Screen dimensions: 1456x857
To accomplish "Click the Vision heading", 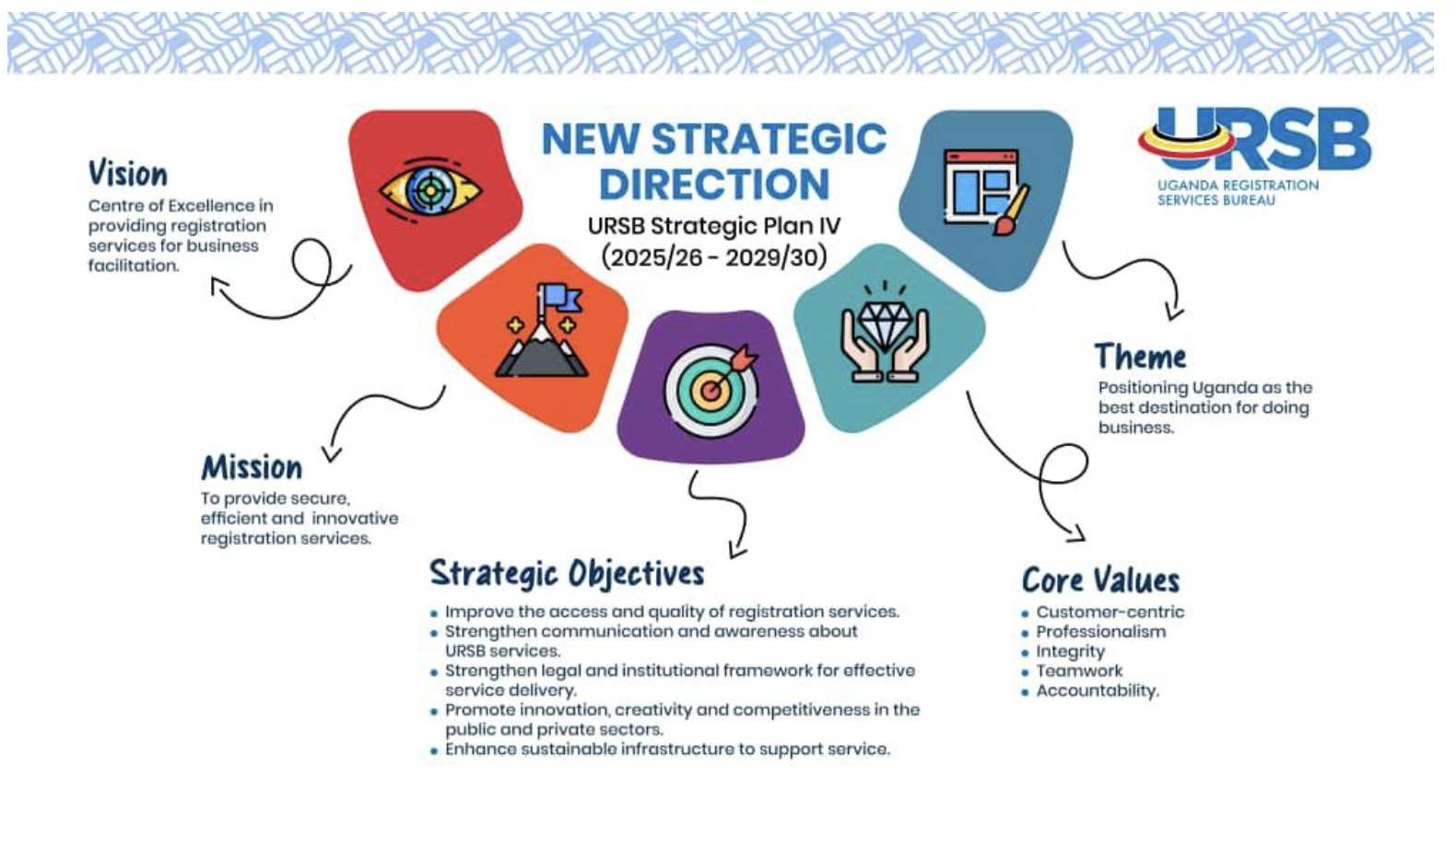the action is coord(128,173).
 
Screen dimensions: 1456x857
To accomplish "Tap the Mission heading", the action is coord(252,467).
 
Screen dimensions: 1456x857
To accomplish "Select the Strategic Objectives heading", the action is coord(567,574).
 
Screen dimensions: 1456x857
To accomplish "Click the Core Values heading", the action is coord(1100,580).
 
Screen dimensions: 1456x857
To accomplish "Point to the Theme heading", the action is coord(1140,356).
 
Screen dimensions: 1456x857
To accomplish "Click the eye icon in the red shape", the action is coord(430,191).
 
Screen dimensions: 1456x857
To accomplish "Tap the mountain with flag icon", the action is coord(542,330).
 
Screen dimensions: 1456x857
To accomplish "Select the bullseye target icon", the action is coord(711,389).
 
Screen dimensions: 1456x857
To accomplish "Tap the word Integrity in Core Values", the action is coord(1070,652).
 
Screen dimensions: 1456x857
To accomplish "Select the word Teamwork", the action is coord(1079,670).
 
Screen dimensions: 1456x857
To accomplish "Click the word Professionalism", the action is coord(1100,631).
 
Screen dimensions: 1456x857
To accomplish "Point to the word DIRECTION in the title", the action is coord(714,184).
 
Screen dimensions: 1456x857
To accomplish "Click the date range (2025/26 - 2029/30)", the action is coord(713,257).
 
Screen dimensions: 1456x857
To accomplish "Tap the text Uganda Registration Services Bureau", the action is coord(1238,193).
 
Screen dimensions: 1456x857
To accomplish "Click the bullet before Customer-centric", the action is coord(1025,613).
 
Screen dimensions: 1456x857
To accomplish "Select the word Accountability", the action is coord(1098,690).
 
